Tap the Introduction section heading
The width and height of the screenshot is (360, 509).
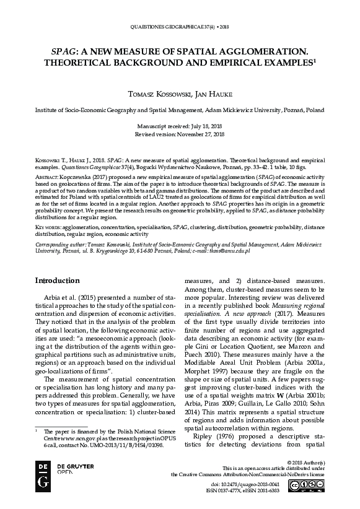tap(57, 281)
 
